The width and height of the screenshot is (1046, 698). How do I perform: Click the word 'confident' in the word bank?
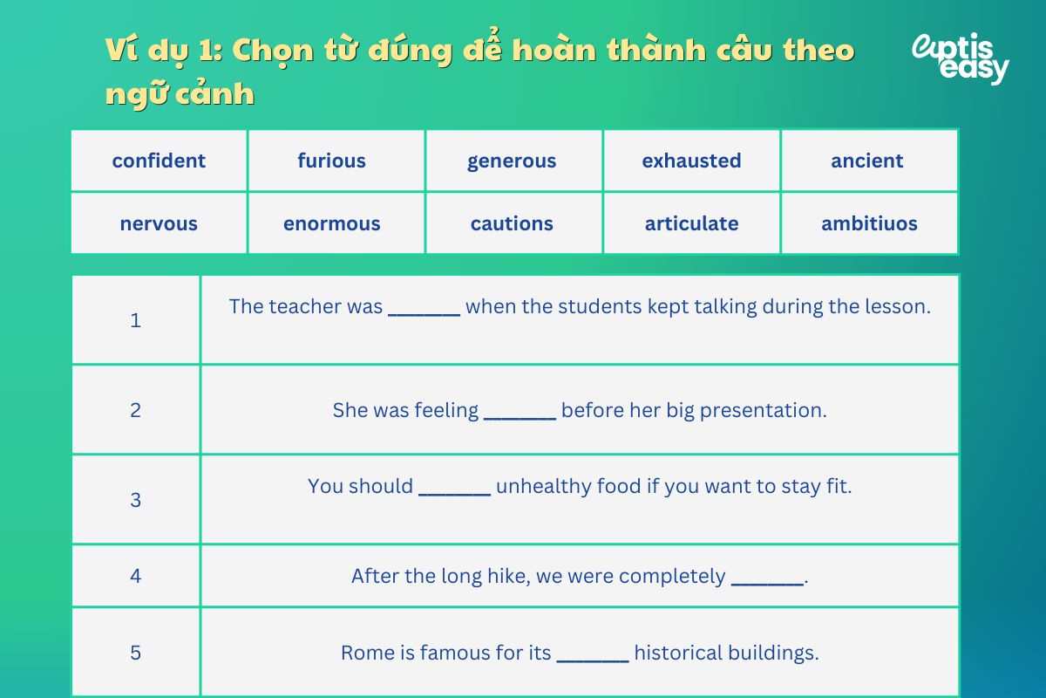click(159, 161)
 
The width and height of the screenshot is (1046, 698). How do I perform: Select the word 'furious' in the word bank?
click(331, 161)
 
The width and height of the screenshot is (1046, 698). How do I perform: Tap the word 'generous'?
click(512, 161)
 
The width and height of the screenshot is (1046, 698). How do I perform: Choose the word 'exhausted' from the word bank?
click(691, 161)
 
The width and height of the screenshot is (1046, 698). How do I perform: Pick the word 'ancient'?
click(867, 161)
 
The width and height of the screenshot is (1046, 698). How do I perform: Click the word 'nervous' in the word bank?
click(159, 223)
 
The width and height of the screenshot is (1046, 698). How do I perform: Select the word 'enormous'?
click(331, 223)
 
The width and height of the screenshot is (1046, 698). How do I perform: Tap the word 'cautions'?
click(512, 223)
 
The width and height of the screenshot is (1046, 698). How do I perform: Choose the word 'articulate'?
click(691, 223)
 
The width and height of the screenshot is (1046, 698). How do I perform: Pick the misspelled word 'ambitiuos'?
click(869, 223)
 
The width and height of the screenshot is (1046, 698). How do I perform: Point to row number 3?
click(135, 500)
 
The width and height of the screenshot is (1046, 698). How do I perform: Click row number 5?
click(135, 653)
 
